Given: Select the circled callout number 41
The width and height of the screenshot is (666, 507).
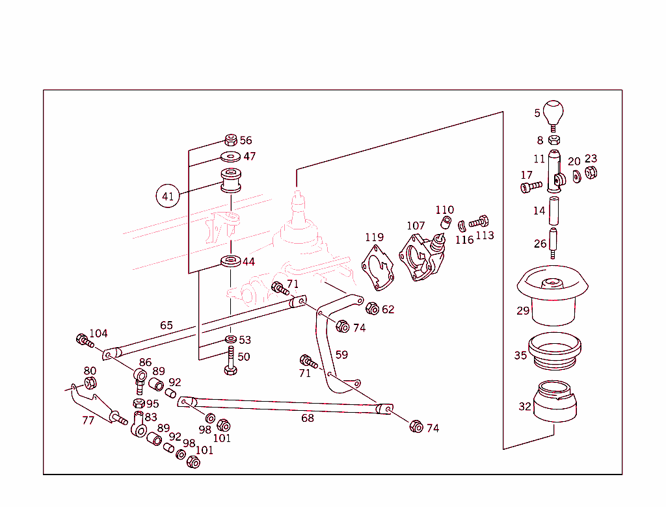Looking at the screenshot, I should (x=168, y=196).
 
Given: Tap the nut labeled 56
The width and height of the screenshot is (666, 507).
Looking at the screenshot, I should (x=230, y=140).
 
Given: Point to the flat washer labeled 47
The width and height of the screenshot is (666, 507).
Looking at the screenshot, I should (x=230, y=157).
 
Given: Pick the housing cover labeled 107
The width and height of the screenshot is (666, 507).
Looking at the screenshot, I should (x=422, y=258).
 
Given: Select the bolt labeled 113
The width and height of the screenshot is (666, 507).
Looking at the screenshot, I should (x=480, y=222).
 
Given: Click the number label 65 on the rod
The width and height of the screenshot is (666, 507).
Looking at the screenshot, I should (x=166, y=325).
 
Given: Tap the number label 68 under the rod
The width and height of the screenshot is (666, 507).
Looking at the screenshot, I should (x=308, y=418).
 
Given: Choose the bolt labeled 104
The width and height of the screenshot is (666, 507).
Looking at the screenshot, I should (x=83, y=339).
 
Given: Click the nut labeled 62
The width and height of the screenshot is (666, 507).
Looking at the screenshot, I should (x=373, y=308).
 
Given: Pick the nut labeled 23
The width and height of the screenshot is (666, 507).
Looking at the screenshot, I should (x=591, y=172).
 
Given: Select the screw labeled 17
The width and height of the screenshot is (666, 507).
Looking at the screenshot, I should (x=531, y=187).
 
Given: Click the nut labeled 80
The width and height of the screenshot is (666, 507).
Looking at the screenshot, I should (x=90, y=383).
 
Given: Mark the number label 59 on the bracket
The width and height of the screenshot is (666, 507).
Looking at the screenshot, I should (x=341, y=355).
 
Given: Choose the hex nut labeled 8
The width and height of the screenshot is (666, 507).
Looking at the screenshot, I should (x=553, y=140).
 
